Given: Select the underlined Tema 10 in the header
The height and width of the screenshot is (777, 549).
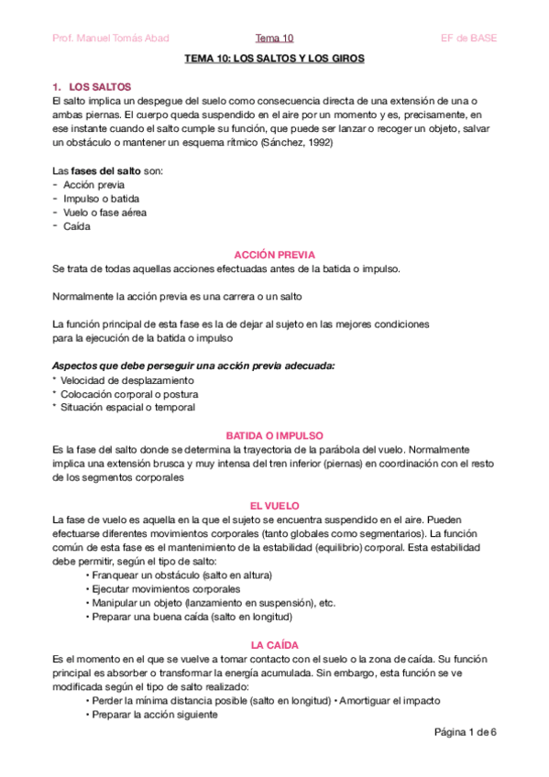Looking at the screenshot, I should tap(274, 38).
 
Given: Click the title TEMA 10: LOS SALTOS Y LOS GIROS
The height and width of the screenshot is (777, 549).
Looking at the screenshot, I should tap(274, 59).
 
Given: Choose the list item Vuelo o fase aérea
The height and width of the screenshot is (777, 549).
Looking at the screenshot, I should tap(104, 213).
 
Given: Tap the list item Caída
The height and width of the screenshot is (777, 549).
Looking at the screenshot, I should tap(77, 226).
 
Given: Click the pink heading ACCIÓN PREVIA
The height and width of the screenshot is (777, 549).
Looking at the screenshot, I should tap(274, 255).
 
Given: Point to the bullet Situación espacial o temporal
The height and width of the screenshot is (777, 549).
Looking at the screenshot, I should tap(128, 407).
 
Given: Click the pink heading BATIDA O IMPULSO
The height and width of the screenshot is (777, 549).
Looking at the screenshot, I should tap(274, 435).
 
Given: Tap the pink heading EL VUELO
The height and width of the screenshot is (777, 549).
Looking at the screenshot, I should tap(274, 505).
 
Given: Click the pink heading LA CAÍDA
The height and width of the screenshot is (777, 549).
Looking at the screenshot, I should tap(274, 645).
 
